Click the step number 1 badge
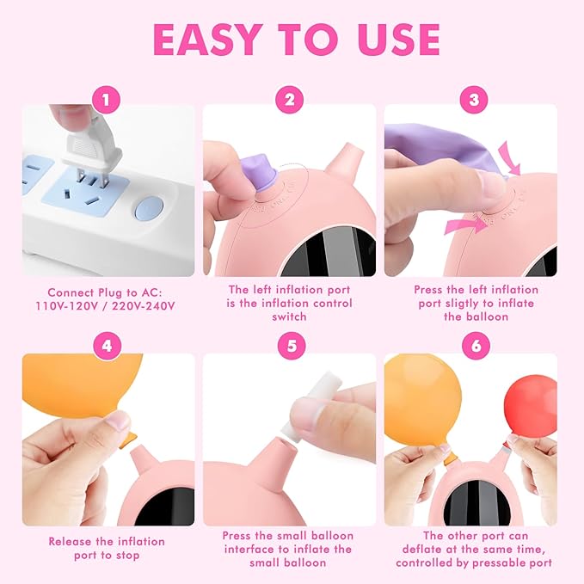point(106,100)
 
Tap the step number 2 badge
point(290,100)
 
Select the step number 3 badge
point(474,100)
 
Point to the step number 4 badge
point(107,346)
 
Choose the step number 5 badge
point(292,346)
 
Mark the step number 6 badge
point(476,346)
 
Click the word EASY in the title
point(206,40)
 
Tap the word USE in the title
point(398,40)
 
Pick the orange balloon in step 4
point(82,387)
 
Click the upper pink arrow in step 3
point(509,158)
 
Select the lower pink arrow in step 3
point(464,226)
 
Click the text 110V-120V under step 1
point(67,306)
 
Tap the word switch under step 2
point(289,317)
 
